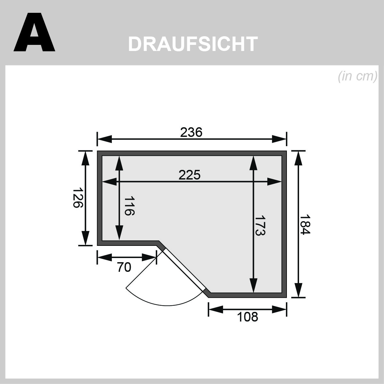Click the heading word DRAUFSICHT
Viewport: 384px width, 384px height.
[x=193, y=44]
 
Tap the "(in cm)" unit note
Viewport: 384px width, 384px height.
[x=357, y=76]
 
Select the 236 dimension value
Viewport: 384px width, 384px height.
[x=191, y=132]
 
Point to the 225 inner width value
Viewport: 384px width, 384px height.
[x=189, y=175]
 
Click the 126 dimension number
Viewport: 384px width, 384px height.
[x=78, y=197]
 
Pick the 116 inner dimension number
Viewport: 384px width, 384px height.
[x=129, y=205]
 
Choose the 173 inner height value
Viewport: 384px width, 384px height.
[x=260, y=225]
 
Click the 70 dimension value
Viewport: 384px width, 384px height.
[x=124, y=267]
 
